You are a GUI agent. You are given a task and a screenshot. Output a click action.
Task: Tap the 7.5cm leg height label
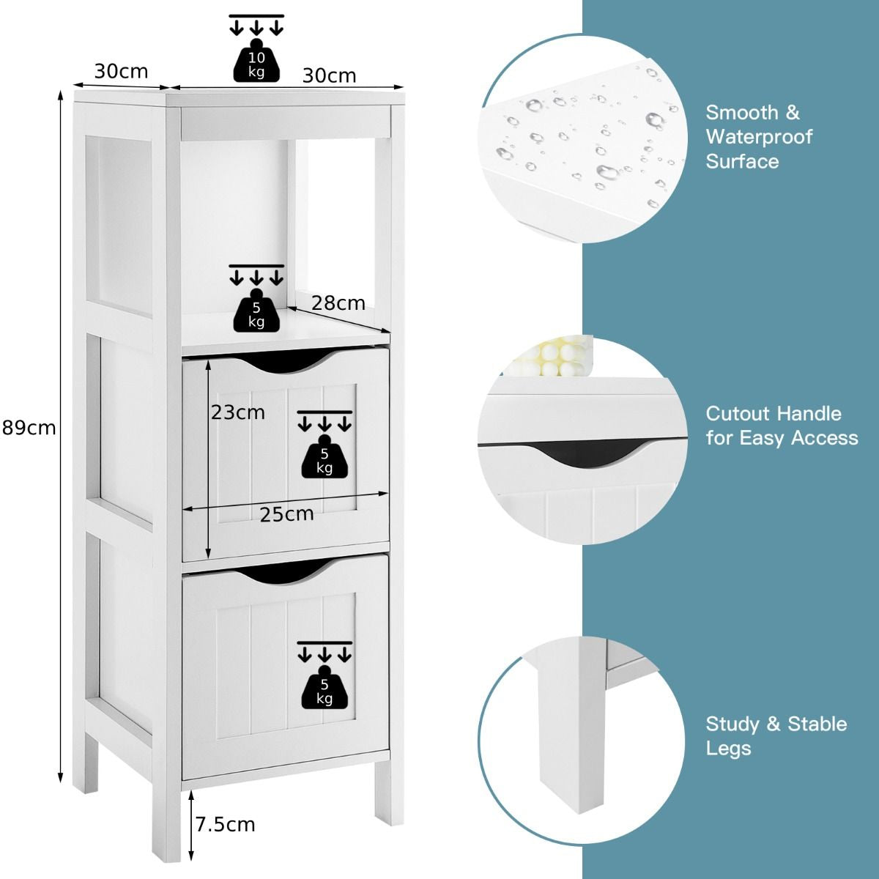(x=226, y=825)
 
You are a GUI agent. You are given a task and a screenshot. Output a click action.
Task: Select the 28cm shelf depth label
(x=338, y=303)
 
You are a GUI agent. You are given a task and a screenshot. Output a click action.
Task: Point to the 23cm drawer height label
(x=238, y=412)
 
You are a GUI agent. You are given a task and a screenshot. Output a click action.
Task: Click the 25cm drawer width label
(x=286, y=514)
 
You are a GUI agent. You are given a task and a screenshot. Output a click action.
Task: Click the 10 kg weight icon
(x=256, y=62)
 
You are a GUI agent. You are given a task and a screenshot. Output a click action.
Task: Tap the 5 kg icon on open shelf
(x=256, y=311)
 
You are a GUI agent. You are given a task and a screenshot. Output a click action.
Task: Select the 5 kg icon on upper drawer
(x=324, y=459)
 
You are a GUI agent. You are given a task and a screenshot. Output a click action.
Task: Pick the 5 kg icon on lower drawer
(x=324, y=689)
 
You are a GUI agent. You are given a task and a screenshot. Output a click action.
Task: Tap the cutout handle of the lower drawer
(x=285, y=570)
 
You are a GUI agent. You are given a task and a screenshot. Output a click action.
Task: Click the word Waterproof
(x=759, y=137)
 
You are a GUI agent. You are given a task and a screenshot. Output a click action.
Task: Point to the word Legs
(x=728, y=749)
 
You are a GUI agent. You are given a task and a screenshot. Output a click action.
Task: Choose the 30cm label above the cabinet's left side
(x=121, y=71)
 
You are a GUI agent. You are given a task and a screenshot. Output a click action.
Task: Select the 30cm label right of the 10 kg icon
(x=329, y=75)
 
